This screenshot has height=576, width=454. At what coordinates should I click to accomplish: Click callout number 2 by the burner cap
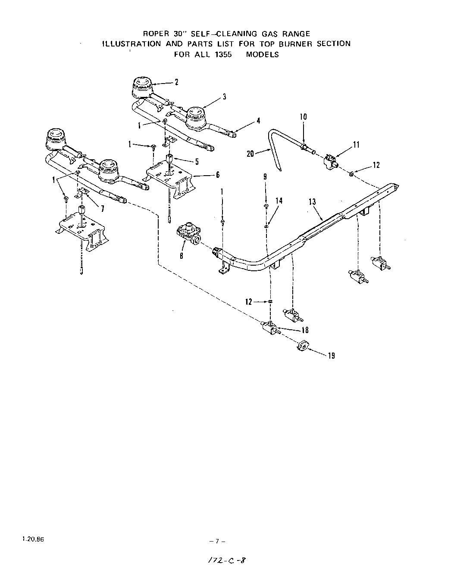point(176,82)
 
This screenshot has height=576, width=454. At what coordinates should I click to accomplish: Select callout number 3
point(225,97)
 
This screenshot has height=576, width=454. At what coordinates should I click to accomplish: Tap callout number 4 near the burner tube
point(258,121)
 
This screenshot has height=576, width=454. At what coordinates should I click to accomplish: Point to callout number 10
point(303,117)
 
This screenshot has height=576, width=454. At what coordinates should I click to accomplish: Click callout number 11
point(356,145)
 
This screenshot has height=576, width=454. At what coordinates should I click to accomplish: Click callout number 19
point(331,356)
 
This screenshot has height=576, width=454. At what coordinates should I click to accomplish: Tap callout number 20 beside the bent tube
point(250,153)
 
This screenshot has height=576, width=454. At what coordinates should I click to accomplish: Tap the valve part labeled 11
point(330,161)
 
